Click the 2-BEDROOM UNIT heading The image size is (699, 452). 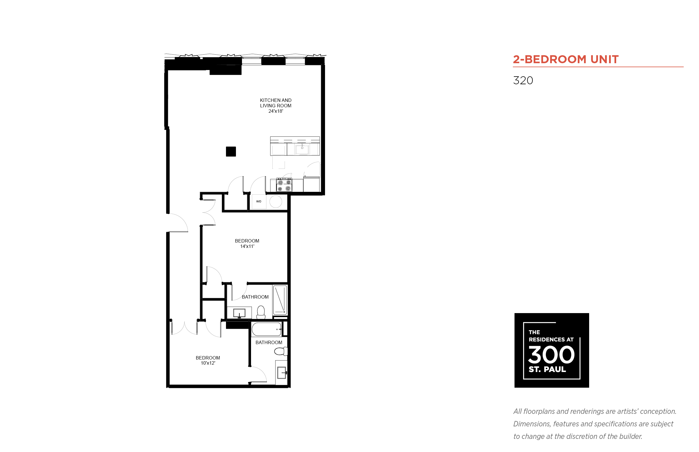pyautogui.click(x=566, y=59)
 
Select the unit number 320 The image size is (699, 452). pyautogui.click(x=523, y=81)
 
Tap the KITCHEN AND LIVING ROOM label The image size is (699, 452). pyautogui.click(x=276, y=103)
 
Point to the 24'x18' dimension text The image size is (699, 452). pyautogui.click(x=276, y=111)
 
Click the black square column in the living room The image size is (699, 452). pyautogui.click(x=231, y=151)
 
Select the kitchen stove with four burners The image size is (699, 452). pyautogui.click(x=284, y=185)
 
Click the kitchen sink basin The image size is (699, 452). pyautogui.click(x=302, y=149)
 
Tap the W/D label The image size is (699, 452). pyautogui.click(x=258, y=201)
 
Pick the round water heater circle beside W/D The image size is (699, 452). pyautogui.click(x=276, y=202)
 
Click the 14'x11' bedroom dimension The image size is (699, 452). pyautogui.click(x=247, y=246)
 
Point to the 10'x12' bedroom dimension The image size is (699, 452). pyautogui.click(x=208, y=363)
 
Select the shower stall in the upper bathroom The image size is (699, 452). pyautogui.click(x=280, y=300)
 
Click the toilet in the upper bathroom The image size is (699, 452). pyautogui.click(x=261, y=312)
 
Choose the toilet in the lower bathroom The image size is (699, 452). pyautogui.click(x=281, y=351)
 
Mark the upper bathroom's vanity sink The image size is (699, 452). pyautogui.click(x=239, y=313)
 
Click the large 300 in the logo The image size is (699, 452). pyautogui.click(x=551, y=355)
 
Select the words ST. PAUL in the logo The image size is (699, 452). pyautogui.click(x=547, y=369)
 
